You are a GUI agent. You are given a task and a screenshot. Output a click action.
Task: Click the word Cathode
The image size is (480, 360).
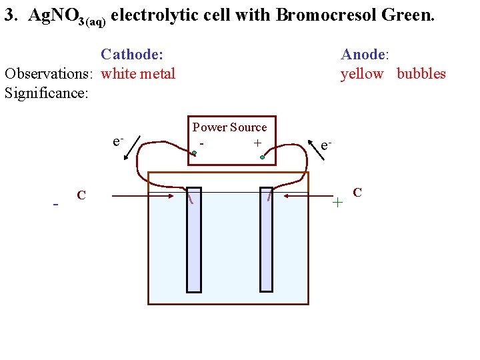131,54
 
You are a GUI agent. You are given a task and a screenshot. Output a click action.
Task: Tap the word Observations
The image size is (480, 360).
47,73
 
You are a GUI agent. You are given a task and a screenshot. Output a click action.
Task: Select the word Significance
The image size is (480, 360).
46,93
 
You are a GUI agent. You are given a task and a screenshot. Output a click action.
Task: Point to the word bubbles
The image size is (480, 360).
421,73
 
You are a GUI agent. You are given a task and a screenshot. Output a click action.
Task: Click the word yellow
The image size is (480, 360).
362,73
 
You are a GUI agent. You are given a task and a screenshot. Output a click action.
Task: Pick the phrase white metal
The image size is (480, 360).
138,73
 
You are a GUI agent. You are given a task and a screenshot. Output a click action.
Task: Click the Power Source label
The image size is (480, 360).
229,127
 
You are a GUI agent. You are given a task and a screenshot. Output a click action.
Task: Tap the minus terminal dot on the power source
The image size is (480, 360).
194,153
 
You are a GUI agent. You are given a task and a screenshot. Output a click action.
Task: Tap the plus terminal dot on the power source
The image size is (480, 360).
263,157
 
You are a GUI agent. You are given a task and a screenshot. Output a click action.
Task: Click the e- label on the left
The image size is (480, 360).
118,141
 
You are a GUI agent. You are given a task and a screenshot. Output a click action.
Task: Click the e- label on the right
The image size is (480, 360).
326,145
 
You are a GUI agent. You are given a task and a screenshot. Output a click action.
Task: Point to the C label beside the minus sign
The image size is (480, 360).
81,195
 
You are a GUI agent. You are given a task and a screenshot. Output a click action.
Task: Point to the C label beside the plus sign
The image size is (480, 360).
357,193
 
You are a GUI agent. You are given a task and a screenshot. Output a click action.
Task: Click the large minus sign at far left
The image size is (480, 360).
56,203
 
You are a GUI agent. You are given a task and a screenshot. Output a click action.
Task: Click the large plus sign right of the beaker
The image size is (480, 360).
338,201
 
